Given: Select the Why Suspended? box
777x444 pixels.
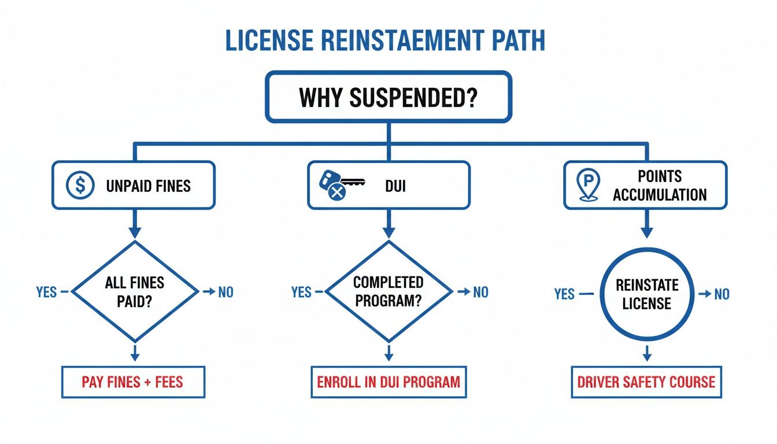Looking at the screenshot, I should (388, 97).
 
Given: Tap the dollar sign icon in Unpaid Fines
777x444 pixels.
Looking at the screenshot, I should (80, 186).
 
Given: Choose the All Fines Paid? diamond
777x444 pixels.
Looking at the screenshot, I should (135, 291).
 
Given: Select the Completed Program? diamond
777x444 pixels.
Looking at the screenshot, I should (388, 291).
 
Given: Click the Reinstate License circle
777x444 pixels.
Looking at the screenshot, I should (646, 294).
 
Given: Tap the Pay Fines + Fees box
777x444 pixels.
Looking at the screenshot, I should (133, 382).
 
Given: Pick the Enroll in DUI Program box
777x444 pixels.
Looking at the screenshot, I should (388, 382).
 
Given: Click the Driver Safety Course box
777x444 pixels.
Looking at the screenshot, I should (646, 382).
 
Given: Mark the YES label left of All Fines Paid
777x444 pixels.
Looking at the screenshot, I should (46, 292).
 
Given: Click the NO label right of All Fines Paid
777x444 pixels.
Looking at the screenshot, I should (225, 292).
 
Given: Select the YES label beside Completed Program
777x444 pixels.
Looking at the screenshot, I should (301, 292).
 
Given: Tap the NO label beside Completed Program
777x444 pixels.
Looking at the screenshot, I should (480, 292).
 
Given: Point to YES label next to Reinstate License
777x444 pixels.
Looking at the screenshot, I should (564, 294).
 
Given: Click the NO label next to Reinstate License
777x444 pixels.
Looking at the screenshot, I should (721, 294).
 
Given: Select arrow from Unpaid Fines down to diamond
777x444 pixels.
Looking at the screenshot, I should (135, 223).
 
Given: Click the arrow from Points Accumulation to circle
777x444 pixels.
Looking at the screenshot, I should (646, 223).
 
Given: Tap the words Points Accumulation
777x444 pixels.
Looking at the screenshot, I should (659, 186).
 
